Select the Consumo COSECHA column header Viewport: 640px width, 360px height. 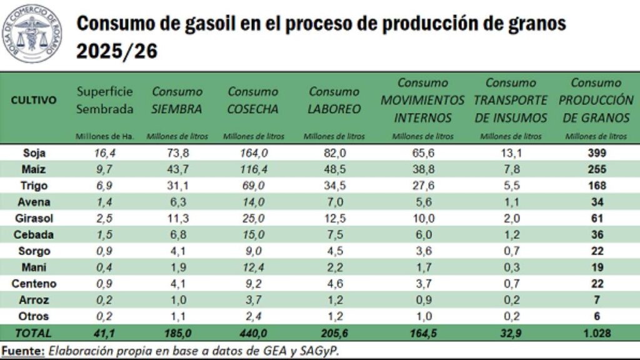(x=252, y=101)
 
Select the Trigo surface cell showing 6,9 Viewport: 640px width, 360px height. (x=104, y=185)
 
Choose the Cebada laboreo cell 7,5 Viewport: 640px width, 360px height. (x=334, y=234)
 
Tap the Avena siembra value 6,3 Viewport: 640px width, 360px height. (x=177, y=202)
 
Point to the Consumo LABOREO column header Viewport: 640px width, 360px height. (x=334, y=101)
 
